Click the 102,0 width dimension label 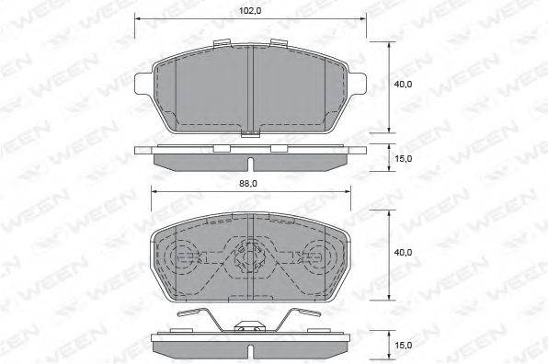tap(250, 11)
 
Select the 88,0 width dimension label tap(248, 184)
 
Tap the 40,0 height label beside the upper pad tap(403, 85)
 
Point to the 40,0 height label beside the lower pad tap(403, 252)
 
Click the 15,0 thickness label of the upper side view tap(403, 159)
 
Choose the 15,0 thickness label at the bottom tap(403, 346)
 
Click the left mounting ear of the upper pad tap(144, 84)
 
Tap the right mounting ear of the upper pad tap(357, 84)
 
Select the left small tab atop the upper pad tap(222, 43)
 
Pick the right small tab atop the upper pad tap(279, 42)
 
